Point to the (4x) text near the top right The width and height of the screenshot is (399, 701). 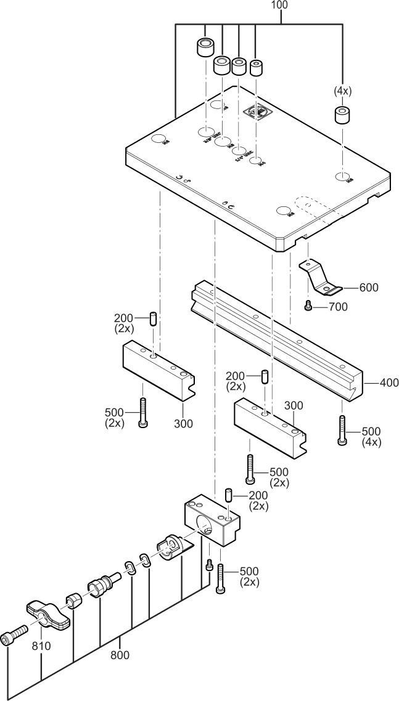click(343, 91)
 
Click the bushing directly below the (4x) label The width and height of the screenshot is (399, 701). click(342, 115)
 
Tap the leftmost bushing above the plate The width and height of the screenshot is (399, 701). click(205, 47)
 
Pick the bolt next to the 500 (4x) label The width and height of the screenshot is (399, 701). click(342, 429)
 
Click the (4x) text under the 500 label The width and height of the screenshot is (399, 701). click(371, 442)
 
